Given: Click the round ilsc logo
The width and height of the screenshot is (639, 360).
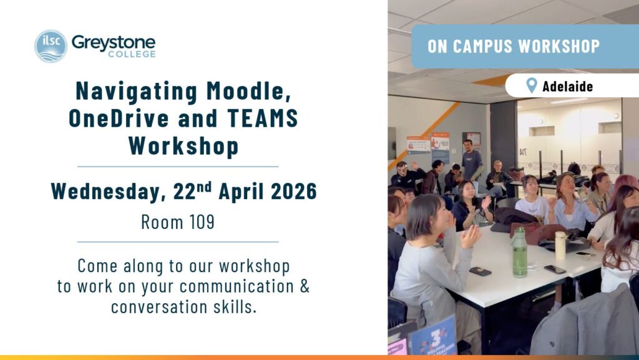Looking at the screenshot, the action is pos(51,46).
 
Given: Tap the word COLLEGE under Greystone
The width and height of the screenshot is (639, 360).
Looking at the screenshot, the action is pos(132,54).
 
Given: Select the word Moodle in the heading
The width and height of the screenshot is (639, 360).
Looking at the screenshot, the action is pos(248,91).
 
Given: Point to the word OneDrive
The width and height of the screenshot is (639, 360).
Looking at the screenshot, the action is pos(119,118).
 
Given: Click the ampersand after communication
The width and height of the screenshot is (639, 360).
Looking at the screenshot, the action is pos(305,286).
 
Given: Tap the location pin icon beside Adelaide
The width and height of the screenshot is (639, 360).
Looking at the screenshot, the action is pos(532,85).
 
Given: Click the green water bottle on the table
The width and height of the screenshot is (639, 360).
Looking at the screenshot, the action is pos(519,252).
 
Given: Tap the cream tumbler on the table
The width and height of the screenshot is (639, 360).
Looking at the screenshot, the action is pos(561,245).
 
